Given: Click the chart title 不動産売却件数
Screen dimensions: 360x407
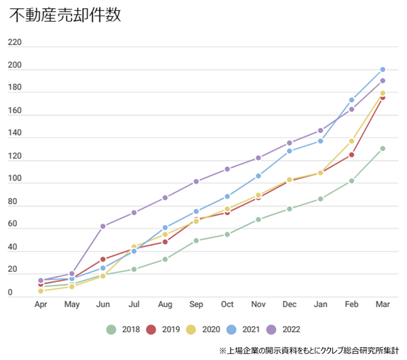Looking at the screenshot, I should point(65,16).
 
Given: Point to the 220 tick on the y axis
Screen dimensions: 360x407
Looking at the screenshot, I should point(15,43).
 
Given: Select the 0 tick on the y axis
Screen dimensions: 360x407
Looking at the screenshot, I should point(9,294).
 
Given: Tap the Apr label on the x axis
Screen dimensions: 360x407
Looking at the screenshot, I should point(41,305).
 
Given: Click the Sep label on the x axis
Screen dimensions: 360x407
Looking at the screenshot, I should point(196,305).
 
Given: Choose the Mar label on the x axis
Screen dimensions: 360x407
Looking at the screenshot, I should point(383,305).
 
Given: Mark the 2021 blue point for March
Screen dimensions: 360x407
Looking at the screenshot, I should point(383,69).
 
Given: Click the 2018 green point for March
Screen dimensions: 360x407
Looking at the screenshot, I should point(383,148).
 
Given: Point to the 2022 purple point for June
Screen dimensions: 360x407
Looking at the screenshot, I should point(102,226).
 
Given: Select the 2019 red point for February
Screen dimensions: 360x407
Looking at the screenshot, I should point(351,155).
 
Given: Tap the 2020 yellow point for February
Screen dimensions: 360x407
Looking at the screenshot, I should point(351,141).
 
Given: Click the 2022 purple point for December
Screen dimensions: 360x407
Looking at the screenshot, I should point(290,143).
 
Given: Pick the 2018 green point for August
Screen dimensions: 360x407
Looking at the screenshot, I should point(165,259).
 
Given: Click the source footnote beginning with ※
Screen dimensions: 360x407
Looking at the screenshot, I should point(309,351).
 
